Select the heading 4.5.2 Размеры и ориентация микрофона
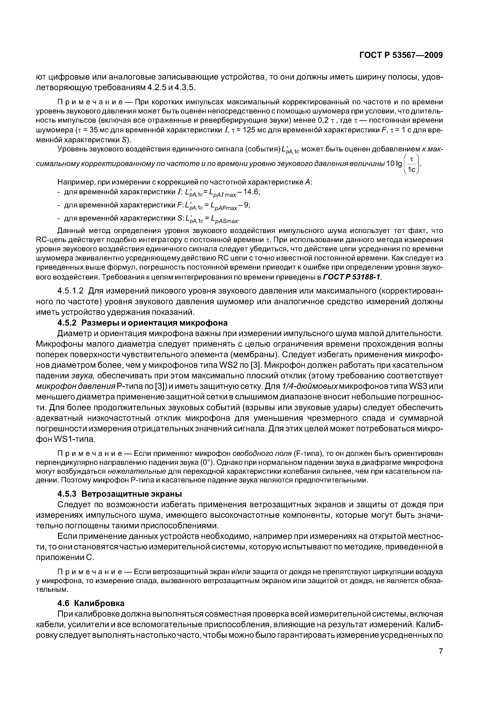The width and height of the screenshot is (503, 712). click(142, 323)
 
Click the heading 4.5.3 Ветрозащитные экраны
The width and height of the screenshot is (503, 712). click(120, 494)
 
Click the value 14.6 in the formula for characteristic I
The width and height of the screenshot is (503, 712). click(251, 192)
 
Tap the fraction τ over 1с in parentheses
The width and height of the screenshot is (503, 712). click(412, 165)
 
